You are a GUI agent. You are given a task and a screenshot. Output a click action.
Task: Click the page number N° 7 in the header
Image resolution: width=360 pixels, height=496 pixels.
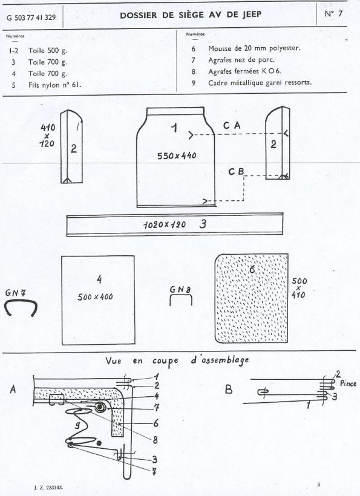pyautogui.click(x=333, y=14)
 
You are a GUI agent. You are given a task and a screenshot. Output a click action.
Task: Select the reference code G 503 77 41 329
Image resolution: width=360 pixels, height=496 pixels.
pyautogui.click(x=31, y=18)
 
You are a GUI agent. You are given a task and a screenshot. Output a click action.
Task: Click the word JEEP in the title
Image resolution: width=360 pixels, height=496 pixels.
pyautogui.click(x=252, y=15)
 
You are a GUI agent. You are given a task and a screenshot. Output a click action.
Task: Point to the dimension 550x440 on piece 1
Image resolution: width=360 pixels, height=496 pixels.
pyautogui.click(x=177, y=155)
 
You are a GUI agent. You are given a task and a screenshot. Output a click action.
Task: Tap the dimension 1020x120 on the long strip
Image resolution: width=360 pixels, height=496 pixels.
pyautogui.click(x=165, y=224)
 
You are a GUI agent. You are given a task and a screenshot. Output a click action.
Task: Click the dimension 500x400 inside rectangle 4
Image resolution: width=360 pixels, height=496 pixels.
pyautogui.click(x=95, y=297)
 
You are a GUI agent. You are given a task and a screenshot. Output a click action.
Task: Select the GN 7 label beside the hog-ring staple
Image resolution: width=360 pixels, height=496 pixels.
pyautogui.click(x=15, y=293)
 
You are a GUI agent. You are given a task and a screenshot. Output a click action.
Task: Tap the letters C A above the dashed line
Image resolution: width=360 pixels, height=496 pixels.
pyautogui.click(x=232, y=126)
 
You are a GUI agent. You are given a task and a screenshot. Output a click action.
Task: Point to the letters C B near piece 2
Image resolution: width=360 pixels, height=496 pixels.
pyautogui.click(x=237, y=172)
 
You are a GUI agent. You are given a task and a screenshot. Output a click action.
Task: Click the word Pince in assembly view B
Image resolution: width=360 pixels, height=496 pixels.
pyautogui.click(x=348, y=383)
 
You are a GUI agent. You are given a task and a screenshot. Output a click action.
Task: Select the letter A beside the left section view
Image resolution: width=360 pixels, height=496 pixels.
pyautogui.click(x=13, y=389)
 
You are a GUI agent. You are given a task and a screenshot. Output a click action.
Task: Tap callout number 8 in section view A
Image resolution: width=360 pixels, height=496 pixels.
pyautogui.click(x=155, y=440)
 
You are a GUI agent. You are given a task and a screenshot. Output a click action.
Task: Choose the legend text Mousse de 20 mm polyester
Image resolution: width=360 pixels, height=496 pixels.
pyautogui.click(x=254, y=48)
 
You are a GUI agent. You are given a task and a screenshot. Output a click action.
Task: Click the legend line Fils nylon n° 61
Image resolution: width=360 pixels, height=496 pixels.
pyautogui.click(x=54, y=85)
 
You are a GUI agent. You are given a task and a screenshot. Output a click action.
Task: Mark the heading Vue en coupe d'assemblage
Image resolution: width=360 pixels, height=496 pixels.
pyautogui.click(x=177, y=361)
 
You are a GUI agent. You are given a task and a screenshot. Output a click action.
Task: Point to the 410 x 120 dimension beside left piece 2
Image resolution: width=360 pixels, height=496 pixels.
pyautogui.click(x=47, y=135)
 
